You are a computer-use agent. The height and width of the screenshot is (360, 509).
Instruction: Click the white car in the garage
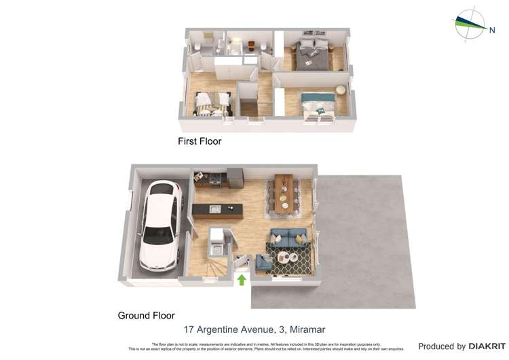pos(160,225)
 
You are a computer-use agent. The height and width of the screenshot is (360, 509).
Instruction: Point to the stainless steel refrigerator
pos(235,177)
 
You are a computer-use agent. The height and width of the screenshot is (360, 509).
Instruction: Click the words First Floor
pos(200,142)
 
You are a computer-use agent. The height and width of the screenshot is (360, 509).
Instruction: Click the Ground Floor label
pos(146,315)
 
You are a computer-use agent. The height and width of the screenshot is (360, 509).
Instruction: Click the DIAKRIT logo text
pos(483,346)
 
